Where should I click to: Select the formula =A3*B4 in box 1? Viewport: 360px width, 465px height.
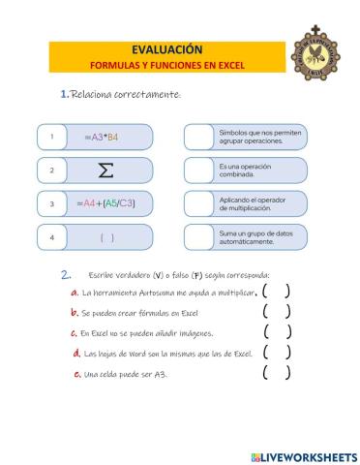(101, 138)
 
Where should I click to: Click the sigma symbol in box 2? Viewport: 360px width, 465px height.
(105, 170)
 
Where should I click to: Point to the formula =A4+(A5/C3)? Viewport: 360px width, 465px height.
(105, 203)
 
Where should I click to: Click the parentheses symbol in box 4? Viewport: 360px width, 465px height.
(106, 236)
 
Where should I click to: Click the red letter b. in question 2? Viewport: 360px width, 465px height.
(75, 313)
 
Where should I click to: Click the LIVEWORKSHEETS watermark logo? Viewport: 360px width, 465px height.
(302, 456)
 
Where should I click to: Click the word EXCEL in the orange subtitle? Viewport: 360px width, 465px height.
(230, 65)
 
